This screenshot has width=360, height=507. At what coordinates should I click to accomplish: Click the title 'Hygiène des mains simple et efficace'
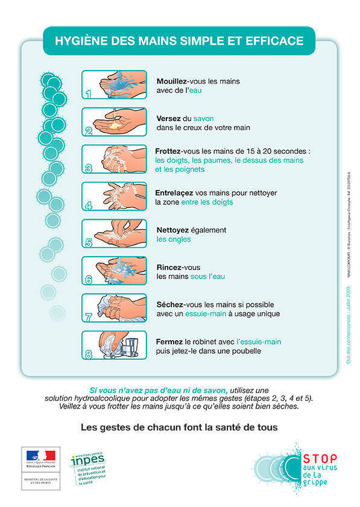click(x=179, y=41)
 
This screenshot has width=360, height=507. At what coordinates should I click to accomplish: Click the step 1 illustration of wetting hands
click(x=114, y=85)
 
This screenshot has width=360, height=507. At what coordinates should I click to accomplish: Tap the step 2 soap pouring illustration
click(x=114, y=122)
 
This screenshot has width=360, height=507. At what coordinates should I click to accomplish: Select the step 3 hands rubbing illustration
click(x=114, y=159)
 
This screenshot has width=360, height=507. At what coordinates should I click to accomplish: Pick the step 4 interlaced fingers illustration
click(x=114, y=197)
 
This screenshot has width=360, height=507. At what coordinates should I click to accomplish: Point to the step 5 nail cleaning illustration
click(x=114, y=234)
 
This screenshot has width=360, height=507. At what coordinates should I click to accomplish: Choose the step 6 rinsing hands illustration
click(x=114, y=271)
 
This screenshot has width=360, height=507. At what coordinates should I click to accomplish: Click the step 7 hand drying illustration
click(x=114, y=309)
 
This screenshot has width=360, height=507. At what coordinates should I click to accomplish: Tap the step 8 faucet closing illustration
click(x=114, y=345)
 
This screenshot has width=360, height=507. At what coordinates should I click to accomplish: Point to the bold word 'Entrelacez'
click(x=178, y=193)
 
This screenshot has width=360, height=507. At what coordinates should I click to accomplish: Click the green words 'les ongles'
click(x=174, y=239)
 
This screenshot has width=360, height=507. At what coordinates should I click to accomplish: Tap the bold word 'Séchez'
click(x=171, y=304)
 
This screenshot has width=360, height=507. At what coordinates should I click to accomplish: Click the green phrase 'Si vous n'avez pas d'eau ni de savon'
click(x=158, y=390)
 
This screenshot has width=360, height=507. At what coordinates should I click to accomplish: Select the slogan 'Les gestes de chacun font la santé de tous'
click(x=179, y=427)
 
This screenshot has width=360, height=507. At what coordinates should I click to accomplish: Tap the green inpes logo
click(x=87, y=461)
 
